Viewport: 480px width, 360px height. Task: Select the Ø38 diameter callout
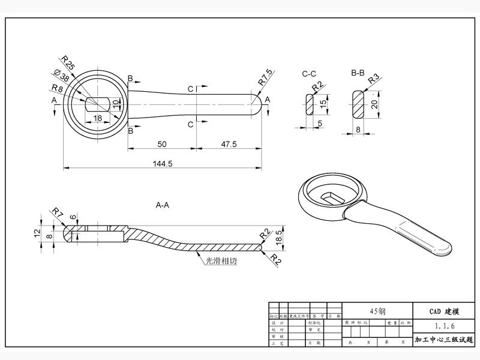click(x=61, y=77)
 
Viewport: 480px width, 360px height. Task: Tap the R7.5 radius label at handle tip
click(x=265, y=76)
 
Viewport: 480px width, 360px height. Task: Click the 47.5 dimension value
click(x=228, y=144)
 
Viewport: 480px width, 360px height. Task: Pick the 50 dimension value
click(x=161, y=144)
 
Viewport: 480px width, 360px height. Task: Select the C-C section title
click(x=309, y=74)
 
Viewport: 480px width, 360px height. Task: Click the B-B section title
click(x=358, y=74)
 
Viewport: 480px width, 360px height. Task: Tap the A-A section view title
click(x=162, y=205)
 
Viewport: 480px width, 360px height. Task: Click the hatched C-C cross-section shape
click(x=310, y=106)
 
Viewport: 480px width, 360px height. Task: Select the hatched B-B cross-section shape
click(x=359, y=104)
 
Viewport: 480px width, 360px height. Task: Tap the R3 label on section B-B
click(x=374, y=79)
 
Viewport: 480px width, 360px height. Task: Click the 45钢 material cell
click(x=377, y=311)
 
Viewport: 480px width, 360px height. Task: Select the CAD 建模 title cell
click(x=445, y=311)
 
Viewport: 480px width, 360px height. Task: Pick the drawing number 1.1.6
click(x=445, y=326)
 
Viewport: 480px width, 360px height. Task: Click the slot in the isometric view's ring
click(x=332, y=196)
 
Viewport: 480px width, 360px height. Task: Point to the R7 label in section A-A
click(x=58, y=212)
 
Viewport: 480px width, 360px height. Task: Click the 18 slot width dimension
click(x=98, y=118)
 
